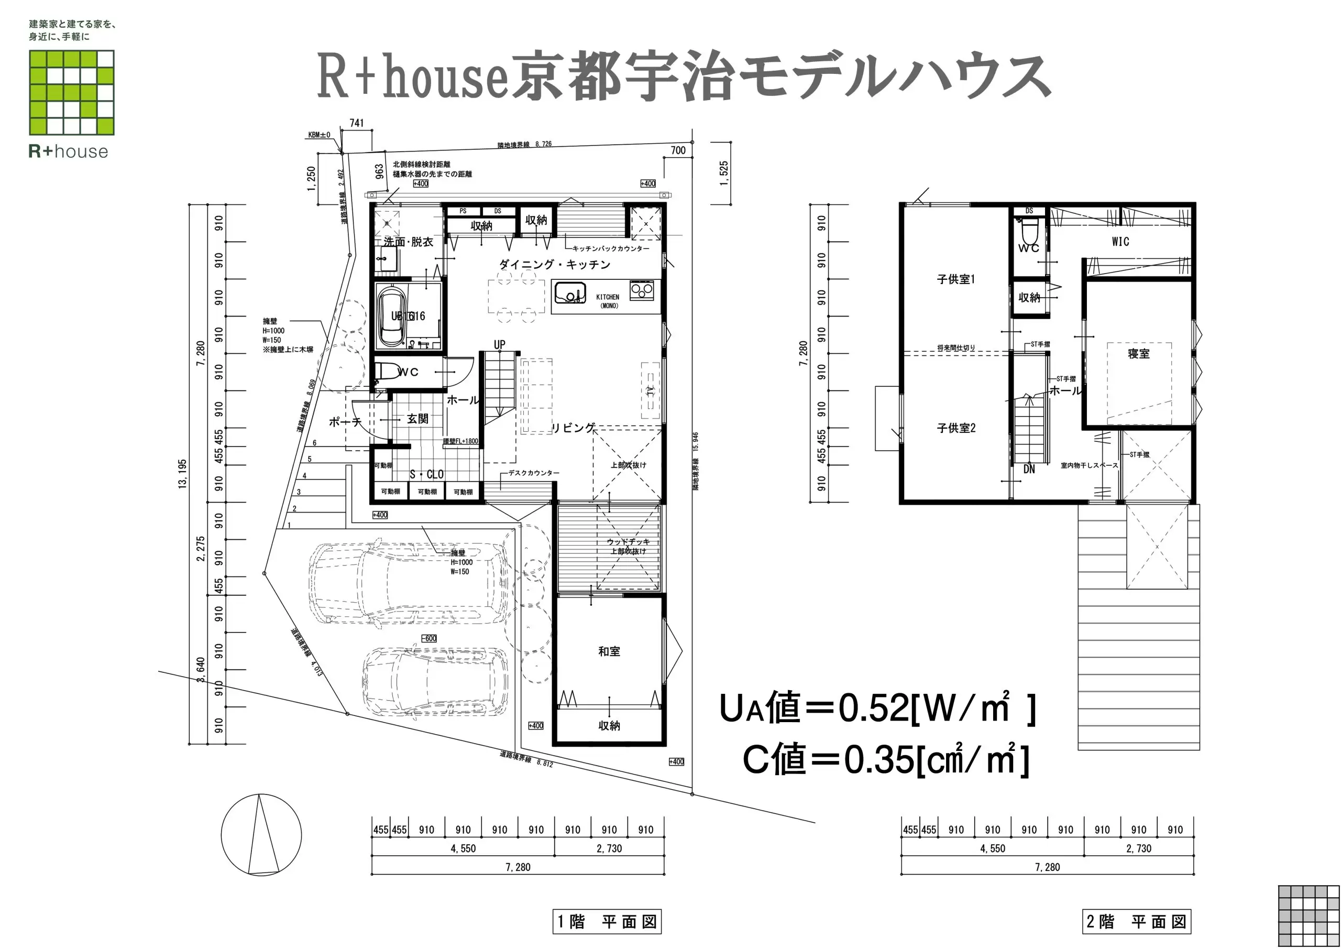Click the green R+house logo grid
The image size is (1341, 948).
coord(72,92)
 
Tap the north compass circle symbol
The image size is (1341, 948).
coord(261,834)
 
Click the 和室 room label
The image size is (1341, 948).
coord(609,651)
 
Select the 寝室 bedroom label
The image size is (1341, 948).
coord(1138,354)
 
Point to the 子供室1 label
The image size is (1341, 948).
coord(956,279)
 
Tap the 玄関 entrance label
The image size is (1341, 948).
coord(417,419)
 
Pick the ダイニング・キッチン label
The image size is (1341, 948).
coord(554,265)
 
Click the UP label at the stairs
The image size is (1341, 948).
coord(499,345)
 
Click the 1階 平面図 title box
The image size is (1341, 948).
coord(607,922)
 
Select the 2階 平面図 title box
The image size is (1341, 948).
coord(1136,922)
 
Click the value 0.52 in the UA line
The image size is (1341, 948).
coord(874,708)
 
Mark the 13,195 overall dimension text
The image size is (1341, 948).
coord(183,474)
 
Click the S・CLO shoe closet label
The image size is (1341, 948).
coord(426,475)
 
